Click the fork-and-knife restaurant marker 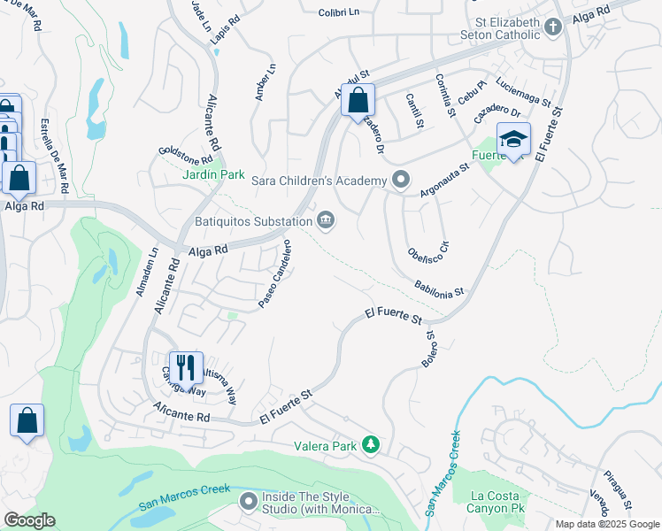(186, 367)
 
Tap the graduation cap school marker (513, 140)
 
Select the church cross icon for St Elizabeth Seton (554, 27)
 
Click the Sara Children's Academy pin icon (401, 181)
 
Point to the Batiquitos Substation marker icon (326, 220)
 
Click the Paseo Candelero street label (275, 274)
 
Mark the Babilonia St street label (439, 289)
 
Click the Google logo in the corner (29, 520)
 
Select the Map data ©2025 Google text (606, 524)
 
